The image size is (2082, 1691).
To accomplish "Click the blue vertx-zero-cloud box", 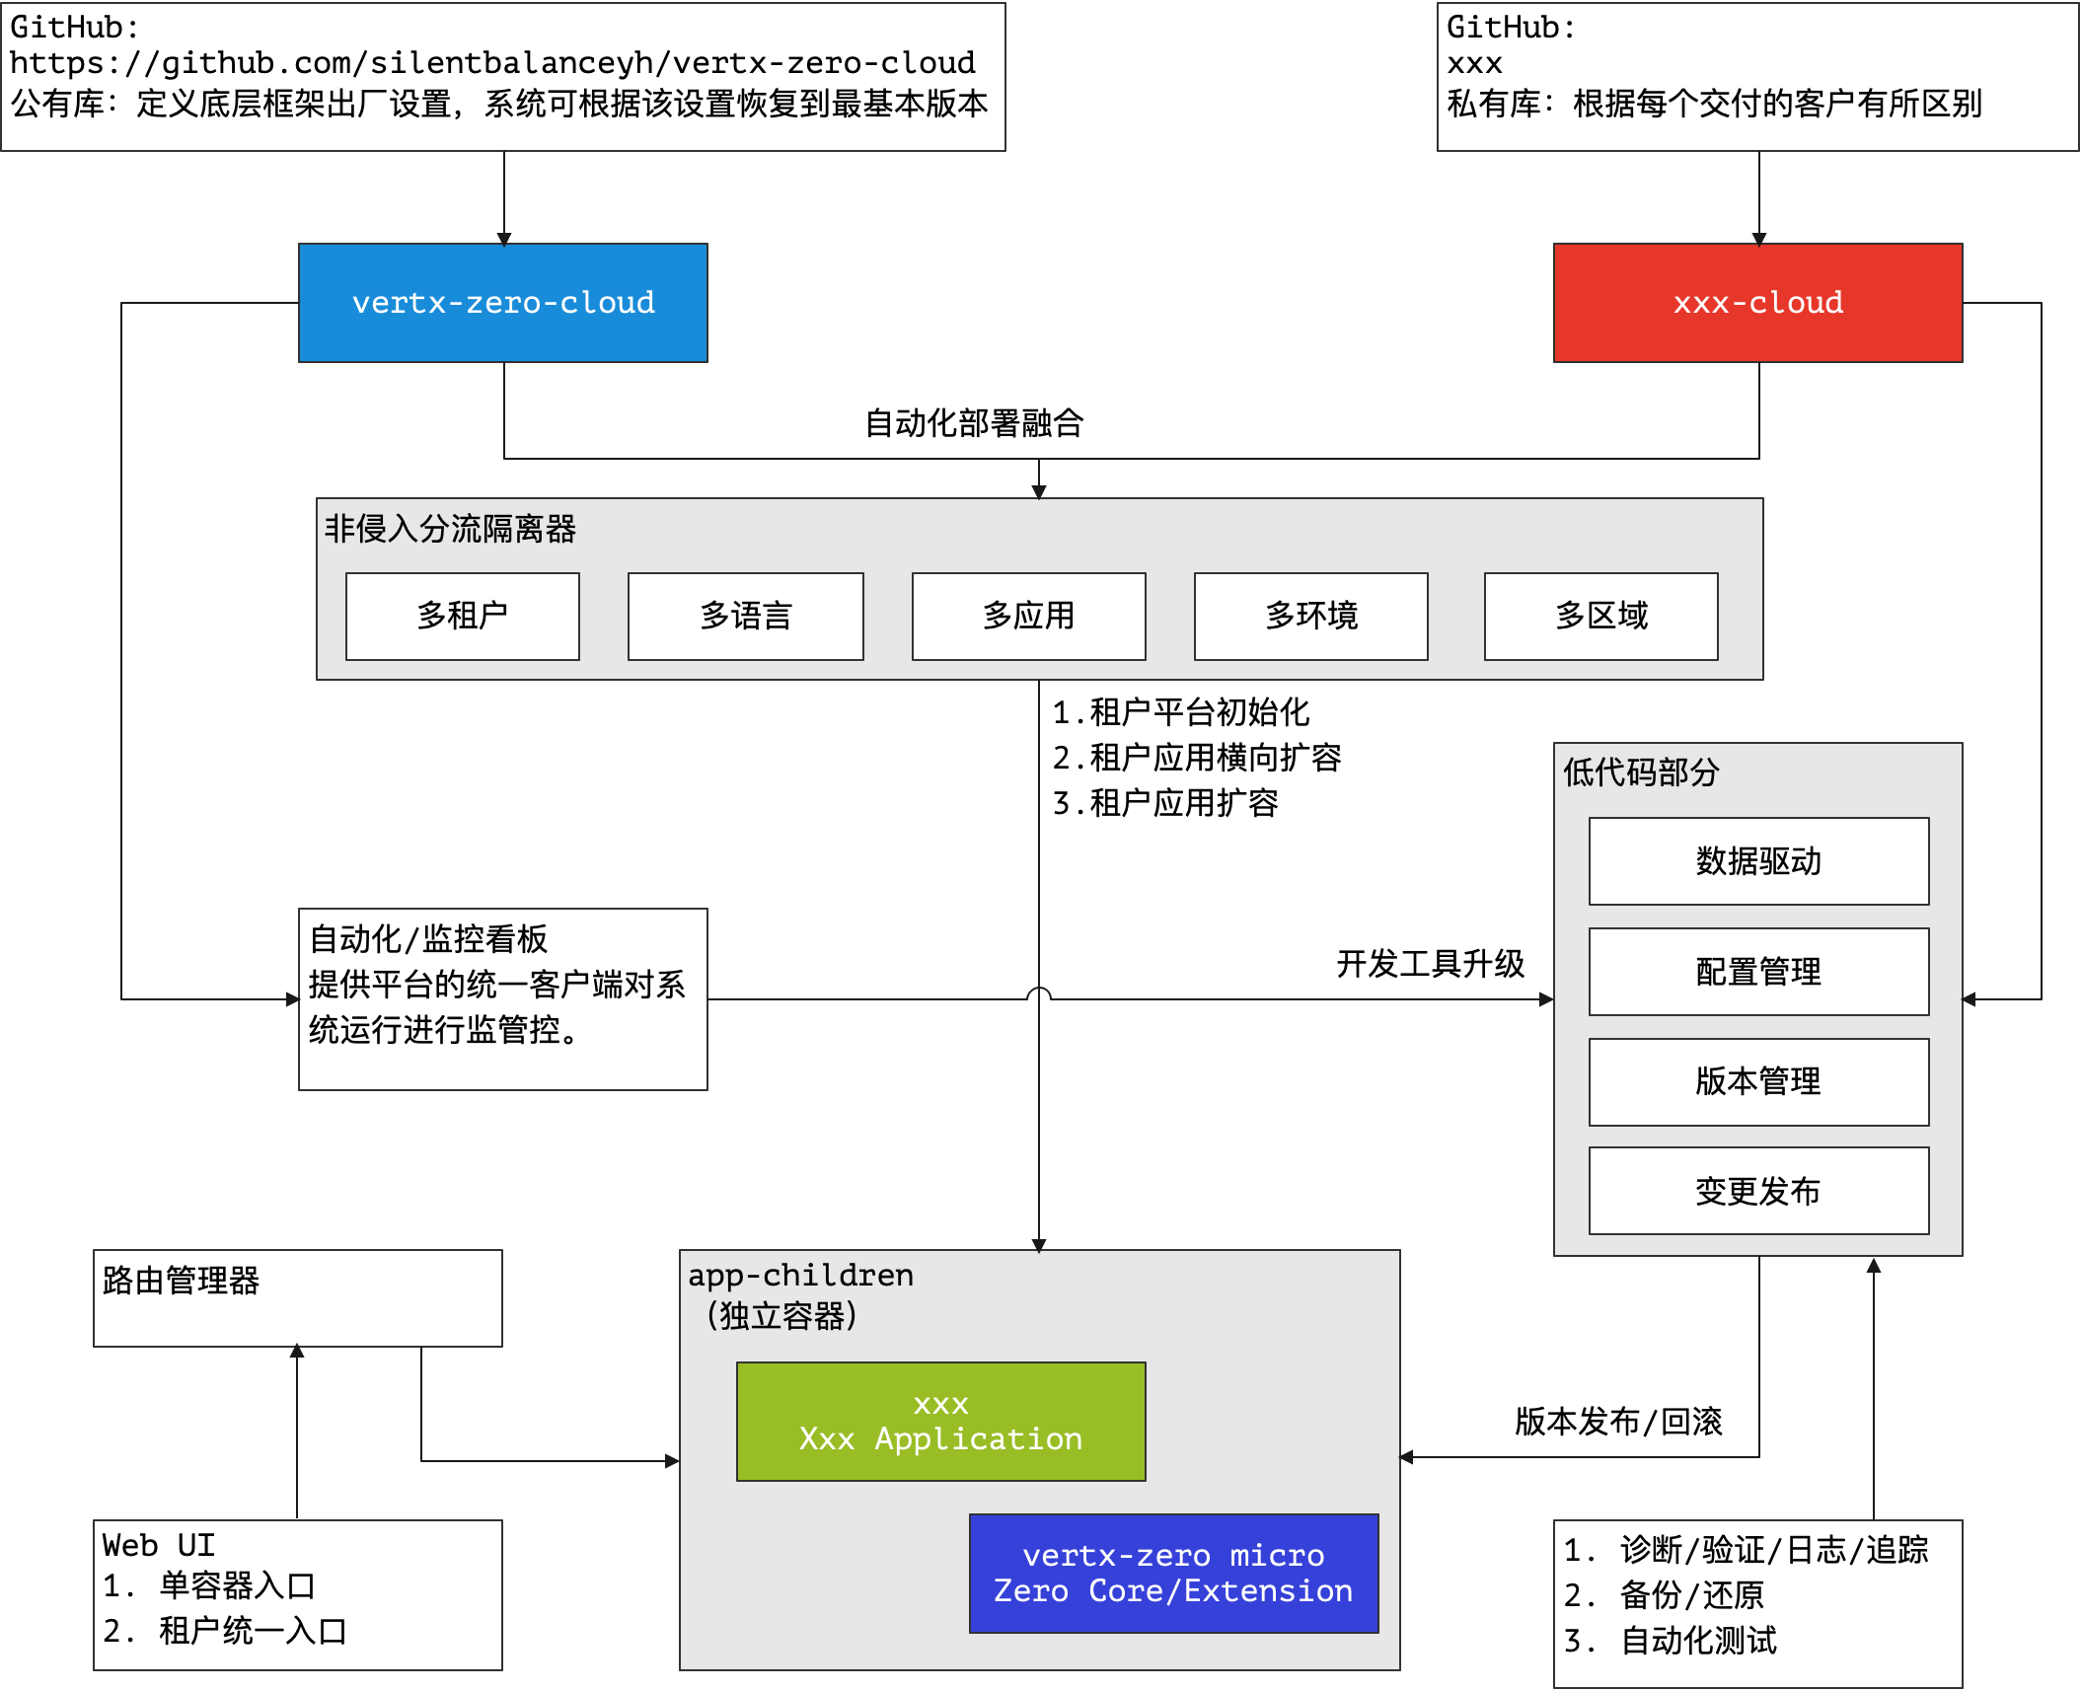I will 503,303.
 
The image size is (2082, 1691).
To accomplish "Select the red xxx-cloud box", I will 1757,303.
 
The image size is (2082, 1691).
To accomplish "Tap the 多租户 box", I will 462,616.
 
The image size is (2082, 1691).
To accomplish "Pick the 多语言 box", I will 745,616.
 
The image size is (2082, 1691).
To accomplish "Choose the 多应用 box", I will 1028,616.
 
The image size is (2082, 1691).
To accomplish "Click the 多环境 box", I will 1310,616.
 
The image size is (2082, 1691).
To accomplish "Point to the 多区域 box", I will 1600,616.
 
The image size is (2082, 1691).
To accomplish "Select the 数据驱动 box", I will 1758,861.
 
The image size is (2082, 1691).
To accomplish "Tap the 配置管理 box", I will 1758,972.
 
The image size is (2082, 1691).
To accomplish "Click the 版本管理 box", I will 1758,1081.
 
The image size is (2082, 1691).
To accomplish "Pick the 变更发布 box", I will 1758,1191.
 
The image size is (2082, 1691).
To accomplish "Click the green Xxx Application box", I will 940,1422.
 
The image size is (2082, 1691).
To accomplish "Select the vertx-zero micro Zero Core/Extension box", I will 1173,1574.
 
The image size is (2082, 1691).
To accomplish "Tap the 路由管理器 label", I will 181,1281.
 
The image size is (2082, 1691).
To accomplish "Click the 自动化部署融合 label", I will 974,423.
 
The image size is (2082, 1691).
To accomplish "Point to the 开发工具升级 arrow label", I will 1430,964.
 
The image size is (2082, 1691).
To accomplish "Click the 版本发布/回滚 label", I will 1618,1422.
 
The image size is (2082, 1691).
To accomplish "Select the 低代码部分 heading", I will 1641,772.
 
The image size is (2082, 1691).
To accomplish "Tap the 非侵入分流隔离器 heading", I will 450,529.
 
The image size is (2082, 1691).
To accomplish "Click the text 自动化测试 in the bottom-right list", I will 1698,1641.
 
